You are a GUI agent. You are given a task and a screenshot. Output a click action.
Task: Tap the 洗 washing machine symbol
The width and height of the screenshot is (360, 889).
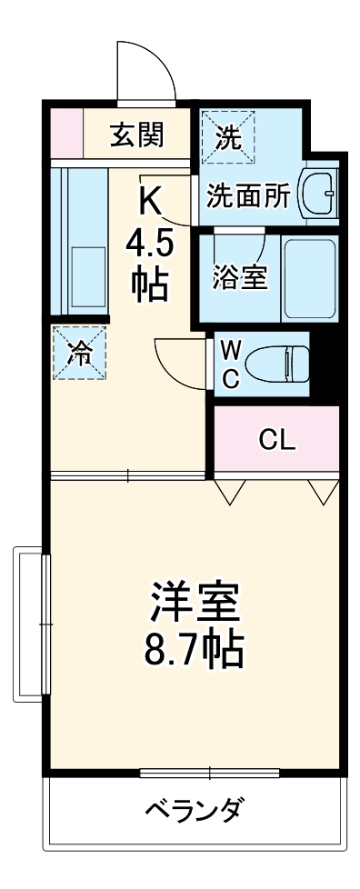click(228, 136)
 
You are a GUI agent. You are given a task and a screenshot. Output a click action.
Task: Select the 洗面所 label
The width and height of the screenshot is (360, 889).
click(247, 197)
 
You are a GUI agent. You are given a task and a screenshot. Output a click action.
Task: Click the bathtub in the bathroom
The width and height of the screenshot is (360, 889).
click(309, 277)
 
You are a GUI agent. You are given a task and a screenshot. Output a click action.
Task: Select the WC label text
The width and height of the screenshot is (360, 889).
click(232, 364)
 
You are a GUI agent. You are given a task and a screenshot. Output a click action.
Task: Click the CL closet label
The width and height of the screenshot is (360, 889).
click(276, 440)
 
